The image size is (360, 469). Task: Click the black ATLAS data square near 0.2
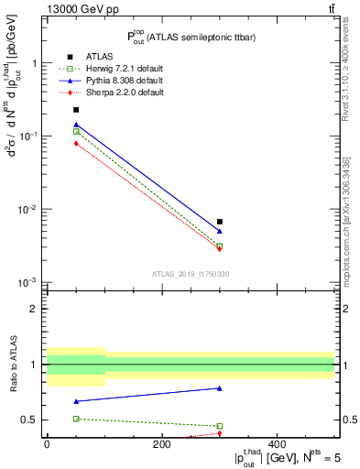coord(76,110)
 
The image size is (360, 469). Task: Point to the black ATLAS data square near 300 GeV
coord(220,222)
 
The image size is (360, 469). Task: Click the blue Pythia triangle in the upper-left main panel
coord(76,125)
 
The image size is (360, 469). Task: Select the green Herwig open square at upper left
coord(76,132)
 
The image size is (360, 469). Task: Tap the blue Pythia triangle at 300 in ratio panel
coord(220,388)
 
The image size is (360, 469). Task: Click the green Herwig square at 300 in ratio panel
coord(220,426)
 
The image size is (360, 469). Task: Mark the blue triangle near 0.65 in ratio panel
coord(76,401)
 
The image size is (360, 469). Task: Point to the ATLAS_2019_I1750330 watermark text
coord(190,274)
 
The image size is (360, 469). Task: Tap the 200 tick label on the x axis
coord(162,445)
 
